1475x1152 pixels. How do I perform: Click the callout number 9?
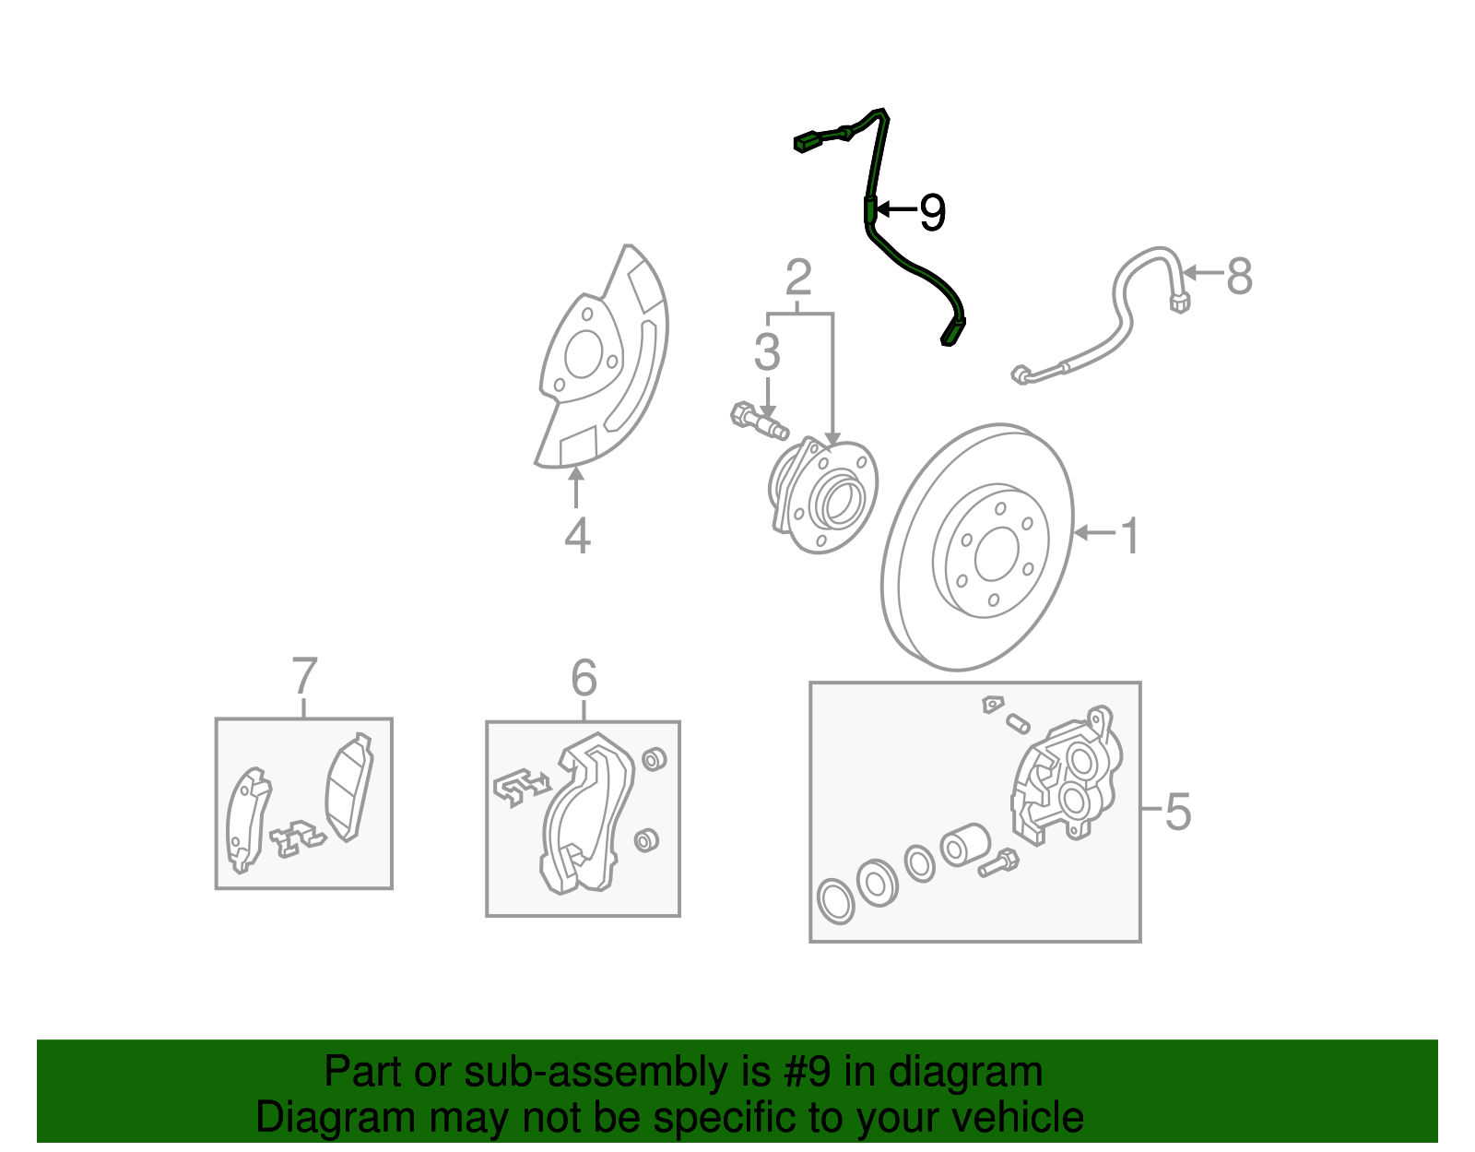click(933, 212)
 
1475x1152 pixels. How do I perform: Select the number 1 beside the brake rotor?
click(1130, 536)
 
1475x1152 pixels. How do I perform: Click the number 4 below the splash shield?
click(577, 536)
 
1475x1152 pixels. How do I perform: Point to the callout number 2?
click(798, 277)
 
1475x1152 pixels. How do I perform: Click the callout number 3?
click(767, 352)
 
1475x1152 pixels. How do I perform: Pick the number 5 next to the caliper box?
click(1177, 812)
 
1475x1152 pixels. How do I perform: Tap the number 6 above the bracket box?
click(584, 679)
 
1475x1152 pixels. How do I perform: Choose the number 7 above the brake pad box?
click(304, 676)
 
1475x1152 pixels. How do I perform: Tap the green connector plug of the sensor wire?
click(807, 141)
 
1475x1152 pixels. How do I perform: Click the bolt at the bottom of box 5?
click(997, 864)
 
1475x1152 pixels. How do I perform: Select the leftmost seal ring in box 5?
click(836, 900)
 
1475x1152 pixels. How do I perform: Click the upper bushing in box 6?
click(654, 759)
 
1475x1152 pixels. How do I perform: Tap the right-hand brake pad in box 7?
click(349, 789)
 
